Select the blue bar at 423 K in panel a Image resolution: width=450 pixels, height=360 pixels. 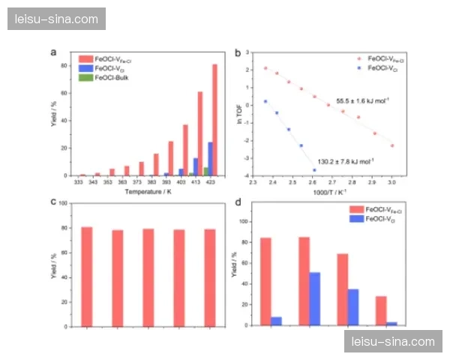(210, 159)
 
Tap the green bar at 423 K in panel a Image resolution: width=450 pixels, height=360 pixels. (205, 172)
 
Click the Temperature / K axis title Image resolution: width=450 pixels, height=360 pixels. (144, 192)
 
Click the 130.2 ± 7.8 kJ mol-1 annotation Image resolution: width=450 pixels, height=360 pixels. (346, 160)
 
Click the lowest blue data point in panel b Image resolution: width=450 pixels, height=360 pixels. (314, 170)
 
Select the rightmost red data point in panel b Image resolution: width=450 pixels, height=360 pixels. (392, 145)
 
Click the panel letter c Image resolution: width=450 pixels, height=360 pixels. (53, 201)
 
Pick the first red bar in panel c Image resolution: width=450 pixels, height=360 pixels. (87, 276)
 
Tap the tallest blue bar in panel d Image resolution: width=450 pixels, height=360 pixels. (314, 298)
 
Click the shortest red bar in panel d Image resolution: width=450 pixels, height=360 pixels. (381, 310)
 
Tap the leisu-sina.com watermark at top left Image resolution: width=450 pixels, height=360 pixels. (56, 18)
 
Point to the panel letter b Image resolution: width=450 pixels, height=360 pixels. (238, 53)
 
